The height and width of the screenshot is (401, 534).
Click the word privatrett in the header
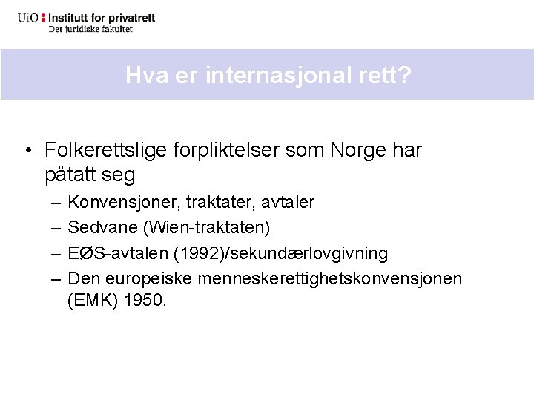pos(131,17)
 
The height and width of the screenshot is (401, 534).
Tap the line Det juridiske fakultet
pos(90,29)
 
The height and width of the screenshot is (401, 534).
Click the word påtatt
pos(71,175)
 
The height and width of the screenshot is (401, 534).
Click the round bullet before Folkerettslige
pos(27,151)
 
